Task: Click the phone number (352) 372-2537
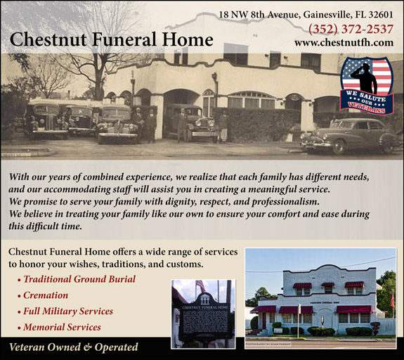point(351,29)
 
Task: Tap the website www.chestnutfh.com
point(344,43)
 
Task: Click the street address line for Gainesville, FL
point(306,13)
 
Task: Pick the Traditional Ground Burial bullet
point(79,279)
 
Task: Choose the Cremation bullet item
point(45,295)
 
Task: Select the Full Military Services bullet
point(67,311)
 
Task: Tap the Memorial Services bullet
point(62,327)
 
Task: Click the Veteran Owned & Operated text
point(73,347)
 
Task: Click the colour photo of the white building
point(320,299)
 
